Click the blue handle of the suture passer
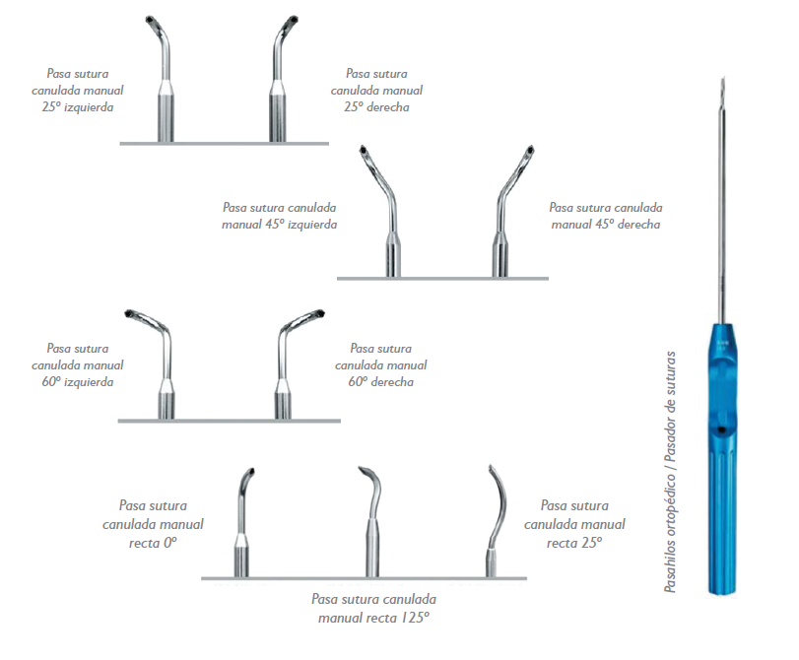point(721,459)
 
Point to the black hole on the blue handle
point(721,430)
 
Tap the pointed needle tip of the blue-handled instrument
point(722,78)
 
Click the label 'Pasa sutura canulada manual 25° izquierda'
point(78,91)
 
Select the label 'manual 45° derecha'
point(605,225)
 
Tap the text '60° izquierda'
point(78,382)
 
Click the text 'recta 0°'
point(153,543)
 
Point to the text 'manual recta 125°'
point(373,618)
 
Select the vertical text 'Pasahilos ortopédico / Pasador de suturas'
point(670,472)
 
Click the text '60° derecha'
point(380,382)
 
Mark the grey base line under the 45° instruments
point(442,279)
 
